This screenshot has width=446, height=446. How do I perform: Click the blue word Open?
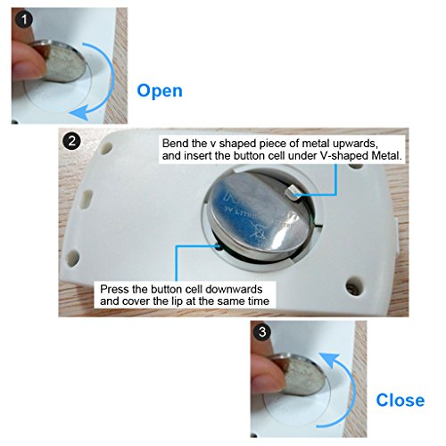[x=160, y=91]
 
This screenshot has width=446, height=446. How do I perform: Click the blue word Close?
[x=401, y=400]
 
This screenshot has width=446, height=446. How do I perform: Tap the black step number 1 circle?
[x=24, y=20]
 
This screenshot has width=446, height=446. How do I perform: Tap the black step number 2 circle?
[x=71, y=141]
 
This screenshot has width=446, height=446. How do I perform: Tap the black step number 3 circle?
[x=262, y=332]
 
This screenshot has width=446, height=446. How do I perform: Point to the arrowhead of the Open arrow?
[x=78, y=112]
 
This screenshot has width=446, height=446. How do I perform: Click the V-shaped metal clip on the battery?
[x=292, y=192]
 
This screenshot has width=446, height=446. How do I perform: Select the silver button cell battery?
[x=258, y=217]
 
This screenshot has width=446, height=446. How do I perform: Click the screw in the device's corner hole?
[x=353, y=287]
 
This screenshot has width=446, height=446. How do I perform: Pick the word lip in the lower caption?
[x=178, y=301]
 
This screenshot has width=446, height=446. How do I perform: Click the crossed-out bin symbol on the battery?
[x=258, y=231]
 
